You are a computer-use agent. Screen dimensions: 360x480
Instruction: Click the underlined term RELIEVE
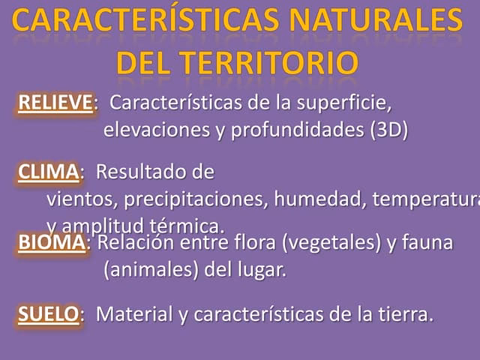tap(55, 103)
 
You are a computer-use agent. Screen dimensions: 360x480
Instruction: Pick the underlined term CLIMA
tap(48, 172)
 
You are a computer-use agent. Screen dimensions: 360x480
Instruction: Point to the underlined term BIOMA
tap(51, 243)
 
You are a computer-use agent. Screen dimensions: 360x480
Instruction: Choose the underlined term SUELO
tap(48, 314)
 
